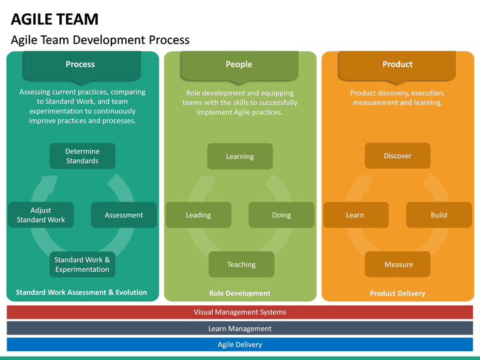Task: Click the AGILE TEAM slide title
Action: pyautogui.click(x=55, y=19)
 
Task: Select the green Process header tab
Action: pyautogui.click(x=80, y=65)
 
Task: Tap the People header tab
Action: pyautogui.click(x=239, y=65)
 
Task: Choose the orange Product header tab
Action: pyautogui.click(x=397, y=65)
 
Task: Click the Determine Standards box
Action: pyautogui.click(x=83, y=156)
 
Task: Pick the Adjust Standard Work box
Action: pyautogui.click(x=41, y=215)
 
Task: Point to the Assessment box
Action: pyautogui.click(x=124, y=215)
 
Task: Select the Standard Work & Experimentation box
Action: pyautogui.click(x=83, y=265)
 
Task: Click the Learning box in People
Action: pyautogui.click(x=240, y=156)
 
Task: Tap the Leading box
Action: pyautogui.click(x=199, y=215)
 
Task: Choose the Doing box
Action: pyautogui.click(x=281, y=215)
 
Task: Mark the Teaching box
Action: pyautogui.click(x=241, y=265)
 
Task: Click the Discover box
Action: pyautogui.click(x=397, y=156)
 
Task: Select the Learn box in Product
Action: pyautogui.click(x=355, y=215)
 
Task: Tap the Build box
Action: pyautogui.click(x=439, y=215)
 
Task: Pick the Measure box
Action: pyautogui.click(x=398, y=265)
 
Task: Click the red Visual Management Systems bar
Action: pyautogui.click(x=240, y=312)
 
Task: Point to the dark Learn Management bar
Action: pyautogui.click(x=240, y=329)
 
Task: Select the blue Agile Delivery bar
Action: pyautogui.click(x=240, y=345)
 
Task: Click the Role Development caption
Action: pyautogui.click(x=240, y=293)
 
